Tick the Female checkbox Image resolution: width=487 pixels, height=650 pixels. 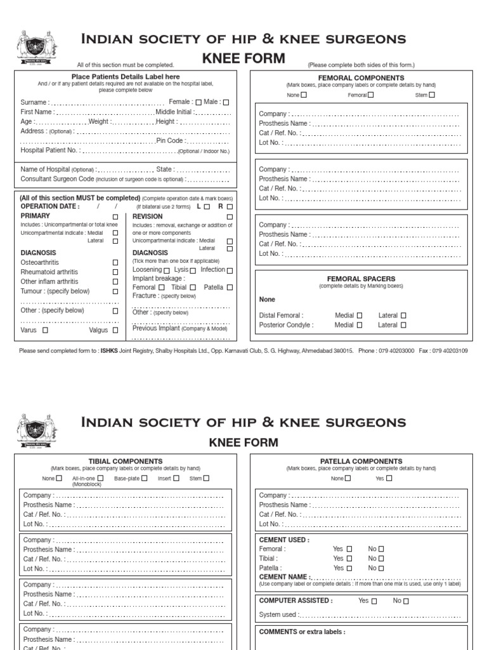click(198, 102)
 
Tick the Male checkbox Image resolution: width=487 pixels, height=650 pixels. click(226, 102)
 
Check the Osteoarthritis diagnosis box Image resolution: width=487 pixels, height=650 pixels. click(115, 262)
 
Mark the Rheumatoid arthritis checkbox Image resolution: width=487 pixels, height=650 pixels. click(115, 272)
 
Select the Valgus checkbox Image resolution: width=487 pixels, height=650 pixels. click(115, 330)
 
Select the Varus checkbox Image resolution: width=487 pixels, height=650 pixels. click(45, 330)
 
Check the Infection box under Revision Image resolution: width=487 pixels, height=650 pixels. click(230, 270)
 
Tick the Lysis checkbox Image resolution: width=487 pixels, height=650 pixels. click(192, 270)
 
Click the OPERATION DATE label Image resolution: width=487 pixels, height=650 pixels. click(50, 206)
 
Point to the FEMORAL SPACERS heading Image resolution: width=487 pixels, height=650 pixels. click(361, 279)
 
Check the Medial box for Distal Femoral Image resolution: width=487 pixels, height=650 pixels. click(360, 315)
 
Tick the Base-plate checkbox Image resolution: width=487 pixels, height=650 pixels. click(146, 479)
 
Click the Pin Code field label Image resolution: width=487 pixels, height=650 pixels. click(171, 141)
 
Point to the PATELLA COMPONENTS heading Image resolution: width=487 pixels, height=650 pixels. click(361, 461)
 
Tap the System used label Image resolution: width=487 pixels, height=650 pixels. click(280, 614)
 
